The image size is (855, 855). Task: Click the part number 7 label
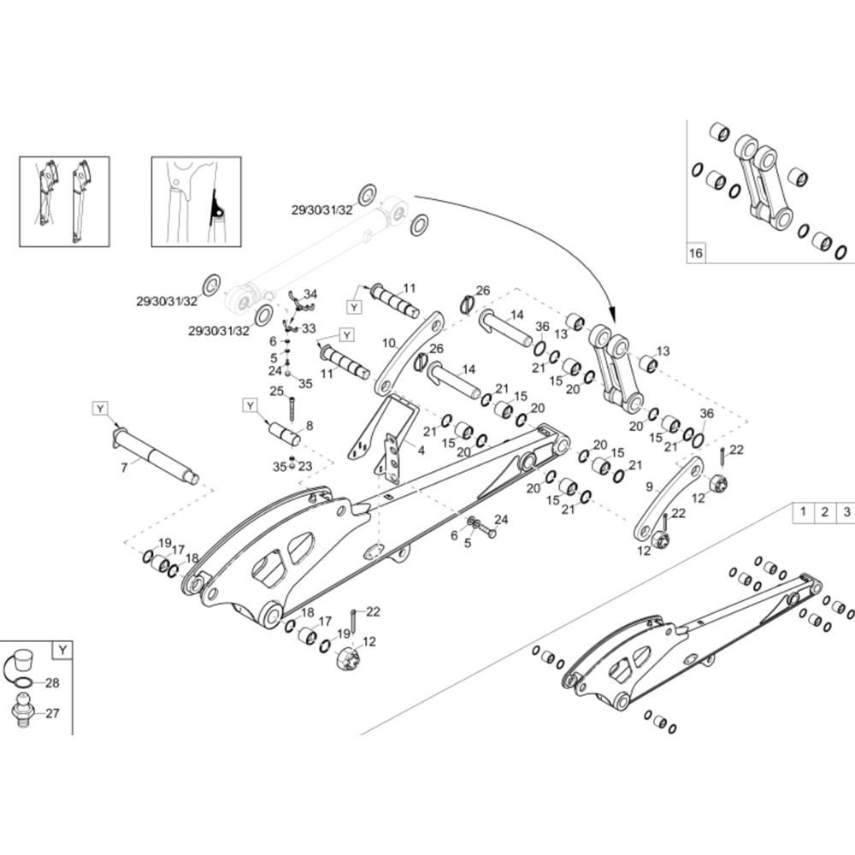click(125, 468)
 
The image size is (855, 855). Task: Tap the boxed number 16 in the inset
click(696, 254)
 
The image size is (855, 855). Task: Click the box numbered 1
click(803, 512)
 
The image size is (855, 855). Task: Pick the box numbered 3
click(846, 512)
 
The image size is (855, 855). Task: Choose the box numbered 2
click(824, 512)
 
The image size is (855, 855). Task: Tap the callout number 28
click(52, 682)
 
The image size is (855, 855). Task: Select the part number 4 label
click(420, 449)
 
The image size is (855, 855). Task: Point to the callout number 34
click(310, 294)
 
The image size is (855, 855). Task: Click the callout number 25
click(277, 391)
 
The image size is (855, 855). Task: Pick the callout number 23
click(305, 466)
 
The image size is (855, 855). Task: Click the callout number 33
click(308, 328)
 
